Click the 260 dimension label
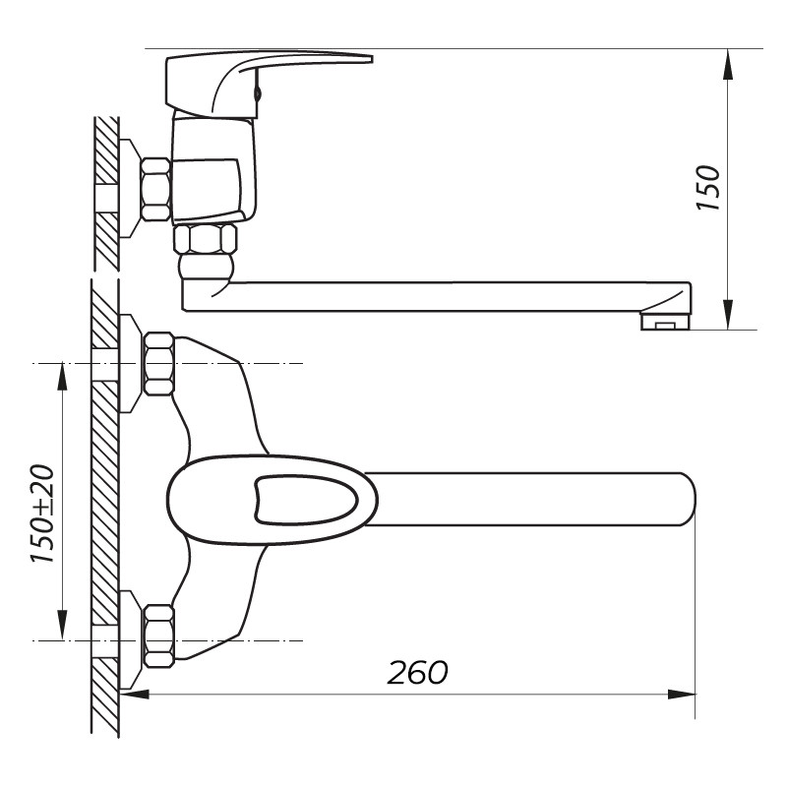417,672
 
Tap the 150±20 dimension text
42,514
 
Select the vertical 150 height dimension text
707,188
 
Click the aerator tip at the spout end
666,322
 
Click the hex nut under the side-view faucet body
205,238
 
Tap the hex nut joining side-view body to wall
155,189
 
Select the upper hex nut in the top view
159,363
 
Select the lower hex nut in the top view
159,636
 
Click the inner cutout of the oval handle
306,501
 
